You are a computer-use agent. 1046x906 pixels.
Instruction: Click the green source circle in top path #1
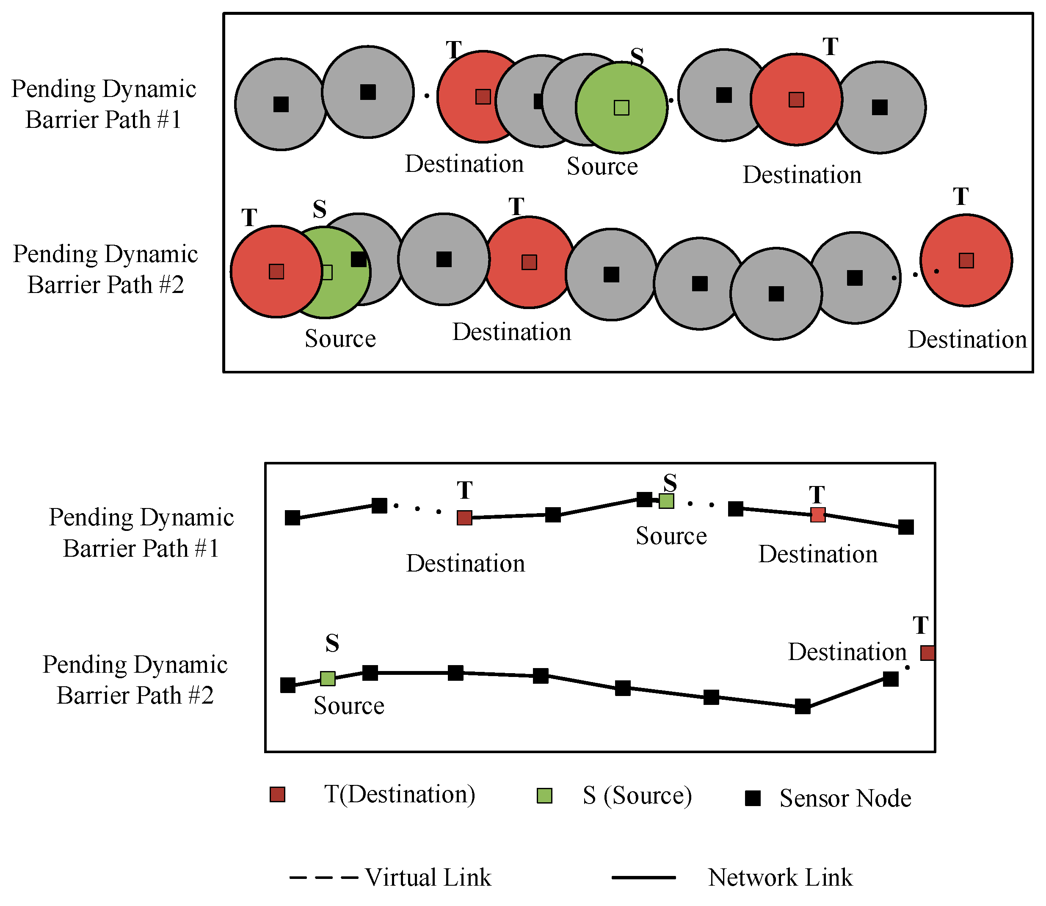(621, 108)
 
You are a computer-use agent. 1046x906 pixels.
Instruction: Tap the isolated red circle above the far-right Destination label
(966, 260)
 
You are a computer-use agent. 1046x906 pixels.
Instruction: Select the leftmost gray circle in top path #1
(281, 104)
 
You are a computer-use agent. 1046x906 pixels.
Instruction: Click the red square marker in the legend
(277, 794)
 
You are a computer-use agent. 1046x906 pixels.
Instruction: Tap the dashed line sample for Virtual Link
(323, 878)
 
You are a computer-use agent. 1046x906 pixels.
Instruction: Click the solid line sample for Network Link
(643, 878)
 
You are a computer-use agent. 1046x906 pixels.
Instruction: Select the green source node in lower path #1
(666, 500)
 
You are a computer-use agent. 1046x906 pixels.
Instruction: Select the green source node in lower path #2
(328, 679)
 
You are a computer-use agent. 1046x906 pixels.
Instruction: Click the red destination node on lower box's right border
(927, 653)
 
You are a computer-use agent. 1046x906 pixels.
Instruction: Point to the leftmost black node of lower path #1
(292, 518)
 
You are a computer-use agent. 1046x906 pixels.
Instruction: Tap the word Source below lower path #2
(349, 706)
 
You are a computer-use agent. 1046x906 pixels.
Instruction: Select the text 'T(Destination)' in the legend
(399, 794)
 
